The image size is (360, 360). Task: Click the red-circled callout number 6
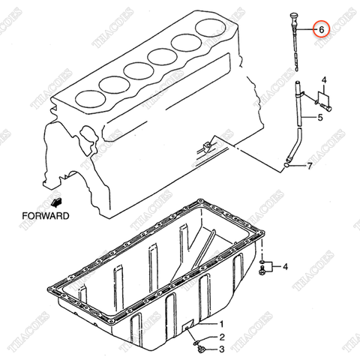(x=321, y=29)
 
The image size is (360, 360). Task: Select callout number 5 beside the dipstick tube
(x=320, y=118)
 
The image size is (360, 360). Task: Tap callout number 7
(x=309, y=166)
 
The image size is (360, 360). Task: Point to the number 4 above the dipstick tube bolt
(x=324, y=79)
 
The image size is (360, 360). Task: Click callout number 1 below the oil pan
(x=221, y=323)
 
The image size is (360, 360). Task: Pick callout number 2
(x=221, y=337)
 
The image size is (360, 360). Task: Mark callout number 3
(x=221, y=349)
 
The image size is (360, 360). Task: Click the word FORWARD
(x=45, y=215)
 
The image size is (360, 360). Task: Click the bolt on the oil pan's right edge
(x=263, y=268)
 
